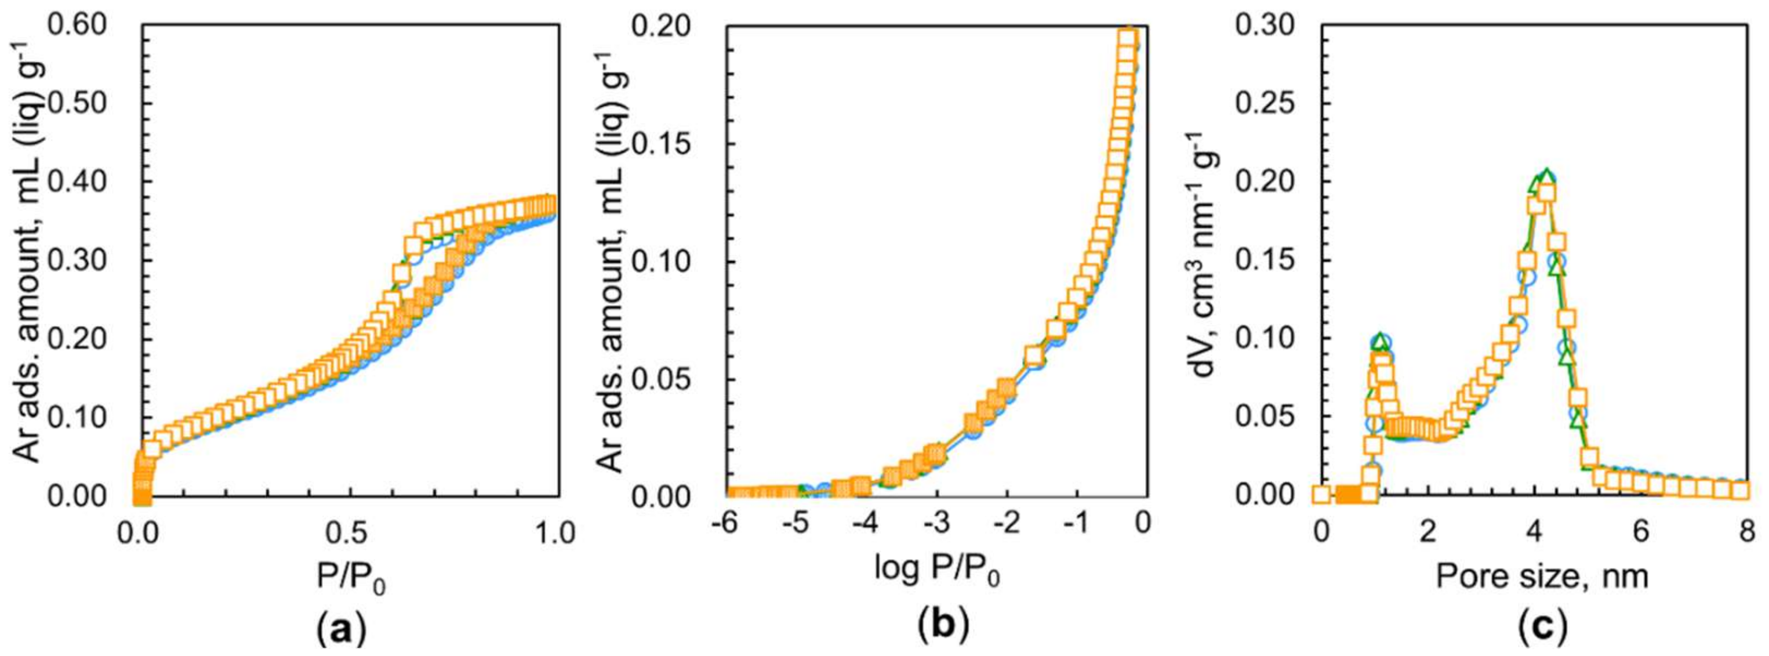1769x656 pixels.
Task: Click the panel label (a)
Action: (x=342, y=629)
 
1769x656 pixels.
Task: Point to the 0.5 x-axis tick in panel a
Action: (x=350, y=533)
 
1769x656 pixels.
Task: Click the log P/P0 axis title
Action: (x=938, y=570)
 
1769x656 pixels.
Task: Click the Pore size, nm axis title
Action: (x=1542, y=575)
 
